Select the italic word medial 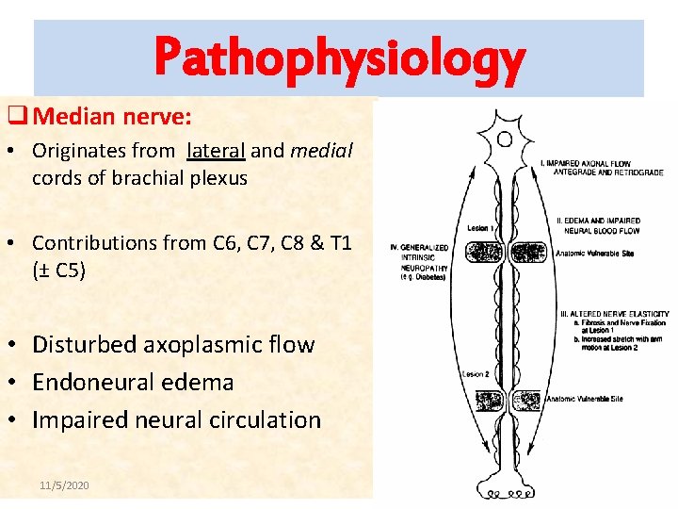point(322,150)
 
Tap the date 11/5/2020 point(64,484)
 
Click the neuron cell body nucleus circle point(505,140)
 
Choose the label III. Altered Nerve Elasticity point(615,314)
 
